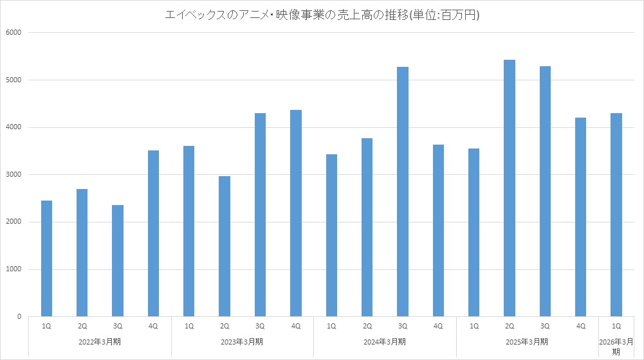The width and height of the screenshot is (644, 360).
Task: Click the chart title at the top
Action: (322, 15)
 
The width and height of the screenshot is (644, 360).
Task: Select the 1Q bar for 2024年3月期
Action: (331, 235)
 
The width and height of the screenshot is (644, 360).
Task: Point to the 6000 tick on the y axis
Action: (14, 33)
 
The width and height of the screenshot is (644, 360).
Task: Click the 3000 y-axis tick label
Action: (14, 175)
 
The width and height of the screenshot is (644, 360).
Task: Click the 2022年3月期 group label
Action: (100, 341)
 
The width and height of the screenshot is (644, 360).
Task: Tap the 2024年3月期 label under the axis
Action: (385, 341)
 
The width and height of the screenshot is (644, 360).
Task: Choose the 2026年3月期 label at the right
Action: (616, 346)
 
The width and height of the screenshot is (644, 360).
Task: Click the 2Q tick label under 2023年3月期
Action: (225, 326)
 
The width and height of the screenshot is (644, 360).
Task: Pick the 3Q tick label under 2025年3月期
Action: (545, 326)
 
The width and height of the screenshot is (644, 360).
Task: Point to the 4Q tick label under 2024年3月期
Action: (438, 326)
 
